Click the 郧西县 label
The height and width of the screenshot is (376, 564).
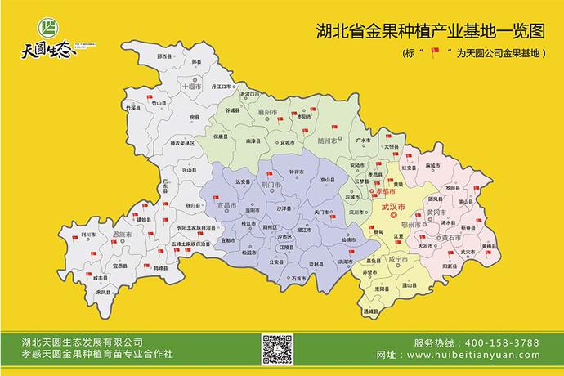tap(166, 55)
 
